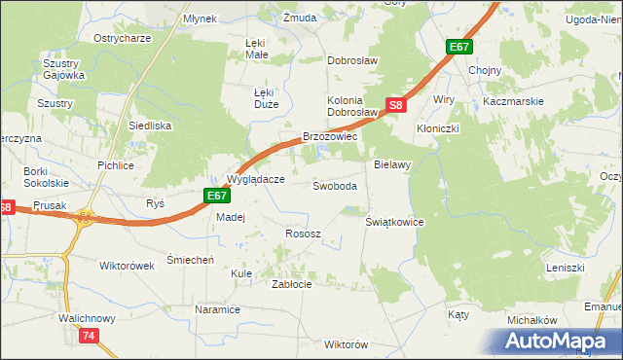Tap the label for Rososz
tap(302, 234)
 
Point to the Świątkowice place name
tap(394, 222)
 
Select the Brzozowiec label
tap(331, 138)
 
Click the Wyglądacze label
tap(255, 179)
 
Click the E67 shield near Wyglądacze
tap(217, 197)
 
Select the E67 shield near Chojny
tap(460, 47)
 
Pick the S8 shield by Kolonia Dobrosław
tap(394, 105)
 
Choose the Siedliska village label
tap(150, 126)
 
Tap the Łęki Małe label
tap(256, 50)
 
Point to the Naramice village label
tap(217, 309)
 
